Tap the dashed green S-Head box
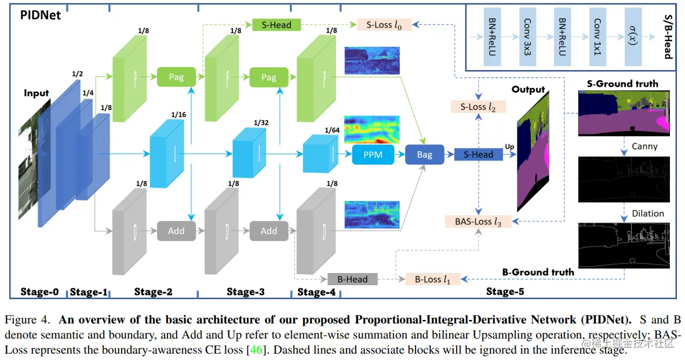tap(276, 25)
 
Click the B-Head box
tap(352, 279)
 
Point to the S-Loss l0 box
tap(383, 25)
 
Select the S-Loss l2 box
tap(478, 107)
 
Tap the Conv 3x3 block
tap(527, 37)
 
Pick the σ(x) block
tap(633, 37)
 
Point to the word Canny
tap(644, 146)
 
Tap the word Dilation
tap(648, 213)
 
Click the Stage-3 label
tap(245, 292)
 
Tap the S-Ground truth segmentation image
tap(624, 113)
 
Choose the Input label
tap(37, 93)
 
